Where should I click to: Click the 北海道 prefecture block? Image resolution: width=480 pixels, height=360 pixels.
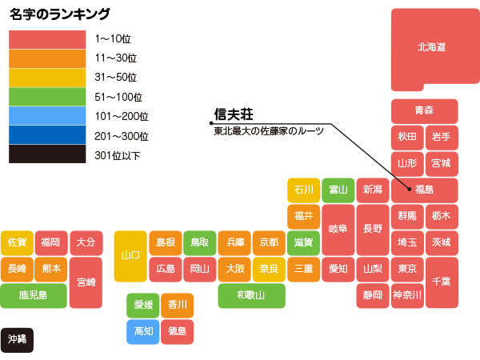[x=431, y=48]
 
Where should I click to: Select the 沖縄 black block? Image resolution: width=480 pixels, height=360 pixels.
[x=17, y=339]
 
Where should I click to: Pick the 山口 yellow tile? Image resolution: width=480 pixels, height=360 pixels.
[x=130, y=256]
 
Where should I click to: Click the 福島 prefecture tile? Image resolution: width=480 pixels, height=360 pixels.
[x=424, y=190]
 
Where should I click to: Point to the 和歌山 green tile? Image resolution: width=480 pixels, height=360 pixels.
[x=252, y=295]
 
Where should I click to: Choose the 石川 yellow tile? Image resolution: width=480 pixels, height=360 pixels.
[x=303, y=190]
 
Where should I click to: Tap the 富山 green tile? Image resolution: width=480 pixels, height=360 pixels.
[x=338, y=190]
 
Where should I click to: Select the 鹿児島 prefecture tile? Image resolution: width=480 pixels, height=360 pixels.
[x=33, y=295]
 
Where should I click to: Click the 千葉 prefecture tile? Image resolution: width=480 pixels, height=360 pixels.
[x=441, y=282]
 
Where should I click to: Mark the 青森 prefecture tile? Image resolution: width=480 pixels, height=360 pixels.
[x=424, y=110]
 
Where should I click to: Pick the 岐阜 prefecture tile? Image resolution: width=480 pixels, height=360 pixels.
[x=338, y=229]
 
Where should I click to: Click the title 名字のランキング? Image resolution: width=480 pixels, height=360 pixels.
[x=59, y=14]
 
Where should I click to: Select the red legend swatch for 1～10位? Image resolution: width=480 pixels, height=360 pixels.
[x=46, y=39]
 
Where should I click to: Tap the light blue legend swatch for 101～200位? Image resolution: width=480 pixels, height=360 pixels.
[x=46, y=116]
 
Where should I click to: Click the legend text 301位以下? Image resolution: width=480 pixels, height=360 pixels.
[x=117, y=155]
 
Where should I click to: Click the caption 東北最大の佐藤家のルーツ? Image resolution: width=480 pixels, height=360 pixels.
[x=268, y=130]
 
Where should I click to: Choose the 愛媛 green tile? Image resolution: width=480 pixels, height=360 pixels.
[x=143, y=305]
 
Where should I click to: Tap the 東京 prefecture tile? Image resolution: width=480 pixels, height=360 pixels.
[x=406, y=268]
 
